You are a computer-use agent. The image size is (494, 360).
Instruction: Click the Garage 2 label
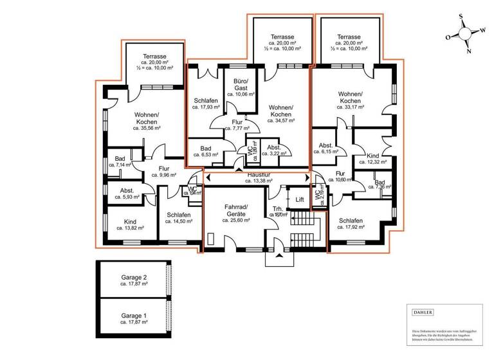pyautogui.click(x=134, y=278)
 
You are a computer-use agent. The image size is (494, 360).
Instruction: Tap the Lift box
pyautogui.click(x=299, y=200)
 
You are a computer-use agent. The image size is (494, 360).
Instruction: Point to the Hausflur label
pyautogui.click(x=257, y=174)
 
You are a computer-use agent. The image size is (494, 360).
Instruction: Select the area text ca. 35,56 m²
pyautogui.click(x=147, y=128)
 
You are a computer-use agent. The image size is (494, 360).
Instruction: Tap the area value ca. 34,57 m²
pyautogui.click(x=280, y=120)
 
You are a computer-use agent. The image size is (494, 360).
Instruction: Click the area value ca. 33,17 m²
pyautogui.click(x=349, y=107)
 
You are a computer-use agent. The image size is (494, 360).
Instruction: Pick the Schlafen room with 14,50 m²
pyautogui.click(x=178, y=219)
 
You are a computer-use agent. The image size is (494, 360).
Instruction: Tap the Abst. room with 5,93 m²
pyautogui.click(x=126, y=194)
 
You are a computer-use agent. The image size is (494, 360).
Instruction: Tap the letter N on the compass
pyautogui.click(x=468, y=51)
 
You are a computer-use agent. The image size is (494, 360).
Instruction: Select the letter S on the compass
pyautogui.click(x=461, y=17)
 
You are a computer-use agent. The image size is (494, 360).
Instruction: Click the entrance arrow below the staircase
pyautogui.click(x=278, y=256)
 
